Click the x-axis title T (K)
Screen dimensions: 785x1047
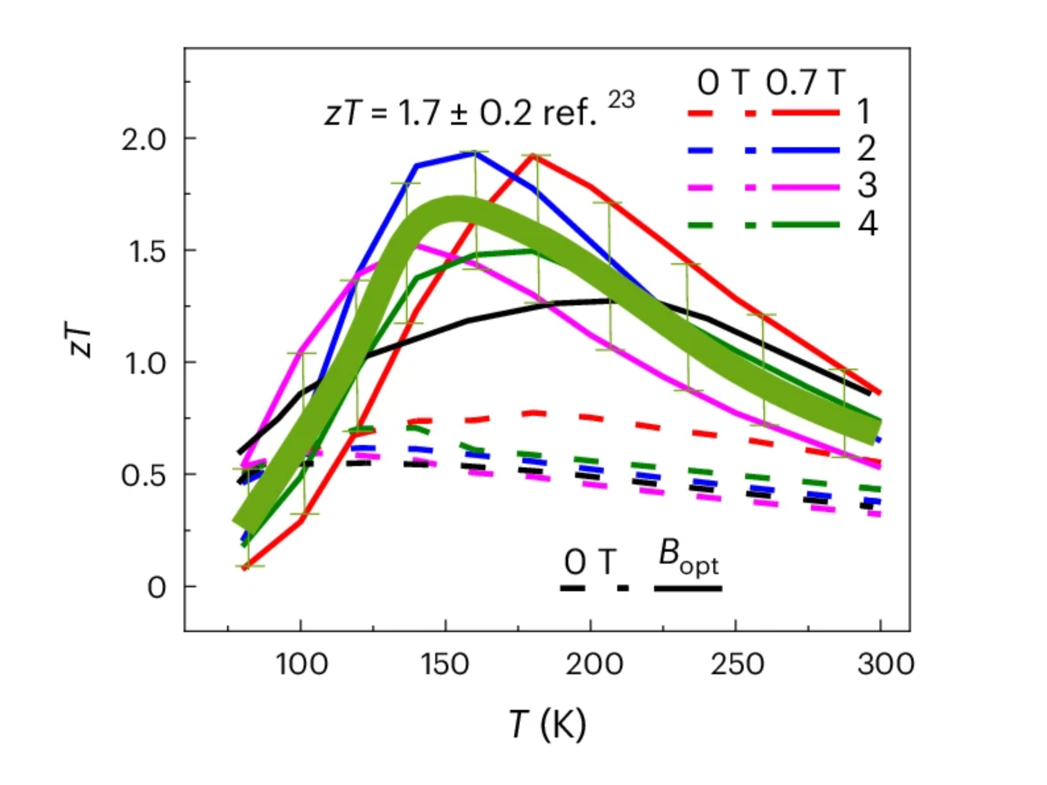[x=548, y=724]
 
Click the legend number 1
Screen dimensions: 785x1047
[x=864, y=112]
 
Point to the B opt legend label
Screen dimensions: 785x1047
[x=689, y=561]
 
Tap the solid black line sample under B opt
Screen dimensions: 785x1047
[x=688, y=589]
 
